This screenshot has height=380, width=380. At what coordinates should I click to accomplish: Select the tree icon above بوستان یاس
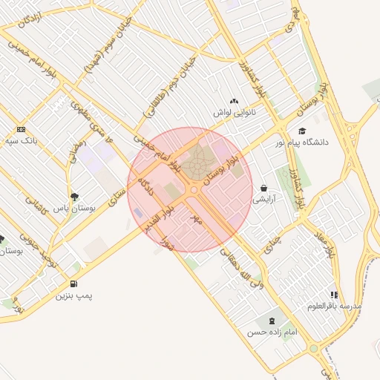[x=74, y=197]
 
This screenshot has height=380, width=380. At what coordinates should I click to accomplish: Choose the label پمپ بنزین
[x=74, y=295]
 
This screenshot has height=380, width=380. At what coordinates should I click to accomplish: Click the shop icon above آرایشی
[x=265, y=189]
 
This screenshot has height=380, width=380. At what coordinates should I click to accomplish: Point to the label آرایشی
[x=265, y=200]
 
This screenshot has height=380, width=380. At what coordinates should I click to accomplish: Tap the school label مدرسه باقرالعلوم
[x=335, y=306]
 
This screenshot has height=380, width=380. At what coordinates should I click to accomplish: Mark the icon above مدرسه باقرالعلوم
[x=335, y=295]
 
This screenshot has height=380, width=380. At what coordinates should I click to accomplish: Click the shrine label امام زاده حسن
[x=272, y=332]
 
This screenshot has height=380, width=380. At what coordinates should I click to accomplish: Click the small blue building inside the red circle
[x=140, y=214]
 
